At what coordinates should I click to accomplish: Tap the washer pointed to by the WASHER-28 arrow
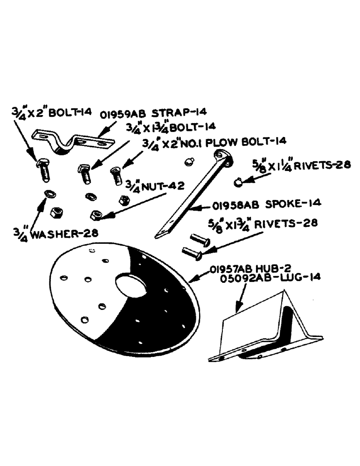coord(48,194)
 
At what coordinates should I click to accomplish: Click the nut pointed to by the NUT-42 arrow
coord(97,215)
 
